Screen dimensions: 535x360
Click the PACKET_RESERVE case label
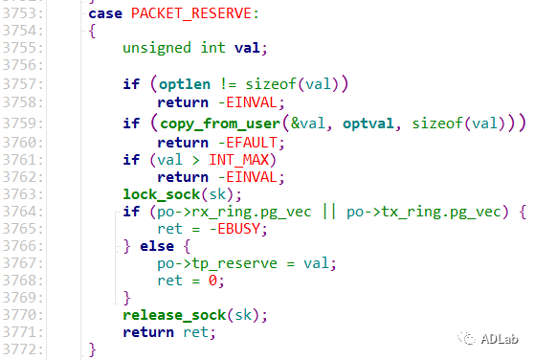tap(191, 13)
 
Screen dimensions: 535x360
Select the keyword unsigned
tap(157, 48)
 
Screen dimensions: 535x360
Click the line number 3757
tap(23, 84)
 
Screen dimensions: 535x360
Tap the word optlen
tap(185, 84)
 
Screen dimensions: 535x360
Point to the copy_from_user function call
tap(220, 124)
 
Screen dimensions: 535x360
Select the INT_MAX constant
tap(239, 160)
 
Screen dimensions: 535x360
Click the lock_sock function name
tap(162, 194)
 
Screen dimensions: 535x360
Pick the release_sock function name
tap(174, 315)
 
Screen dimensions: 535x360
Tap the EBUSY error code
tap(239, 229)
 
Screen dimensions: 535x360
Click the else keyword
tap(157, 246)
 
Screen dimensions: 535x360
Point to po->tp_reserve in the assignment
tap(217, 263)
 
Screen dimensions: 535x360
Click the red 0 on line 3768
tap(212, 281)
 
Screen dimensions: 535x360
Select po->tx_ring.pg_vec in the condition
tap(424, 212)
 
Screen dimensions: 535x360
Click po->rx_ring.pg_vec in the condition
tap(234, 212)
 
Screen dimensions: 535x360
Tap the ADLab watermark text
tap(500, 339)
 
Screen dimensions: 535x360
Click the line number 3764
tap(23, 212)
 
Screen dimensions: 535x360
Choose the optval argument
tap(368, 124)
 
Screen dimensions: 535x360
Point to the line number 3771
tap(23, 332)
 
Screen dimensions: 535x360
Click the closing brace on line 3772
tap(92, 349)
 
